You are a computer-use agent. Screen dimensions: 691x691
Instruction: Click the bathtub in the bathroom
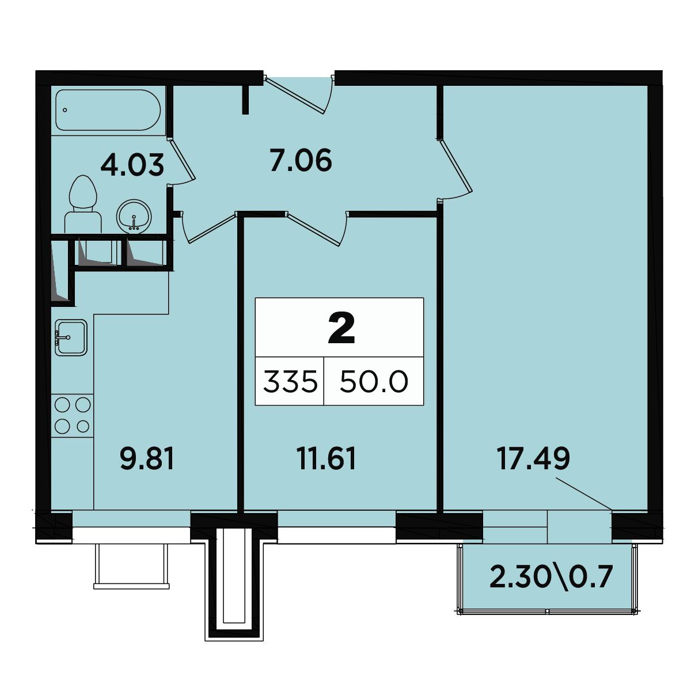(108, 110)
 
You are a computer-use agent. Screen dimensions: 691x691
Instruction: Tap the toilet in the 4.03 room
(83, 204)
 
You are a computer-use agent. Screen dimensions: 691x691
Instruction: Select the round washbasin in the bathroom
(134, 217)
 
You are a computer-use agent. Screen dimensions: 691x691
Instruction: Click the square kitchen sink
(71, 337)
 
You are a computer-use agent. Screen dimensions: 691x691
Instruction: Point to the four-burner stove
(73, 416)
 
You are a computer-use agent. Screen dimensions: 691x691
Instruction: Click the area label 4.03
(132, 165)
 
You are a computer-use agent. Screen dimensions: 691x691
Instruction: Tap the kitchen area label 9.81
(147, 459)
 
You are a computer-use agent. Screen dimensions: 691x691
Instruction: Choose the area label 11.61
(326, 459)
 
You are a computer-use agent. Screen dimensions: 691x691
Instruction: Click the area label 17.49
(533, 459)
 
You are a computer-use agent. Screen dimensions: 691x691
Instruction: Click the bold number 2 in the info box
(341, 328)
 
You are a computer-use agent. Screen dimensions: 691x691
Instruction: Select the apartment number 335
(290, 382)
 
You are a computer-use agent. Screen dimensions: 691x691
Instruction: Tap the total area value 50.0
(374, 382)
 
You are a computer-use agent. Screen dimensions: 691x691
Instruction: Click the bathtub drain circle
(65, 110)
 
